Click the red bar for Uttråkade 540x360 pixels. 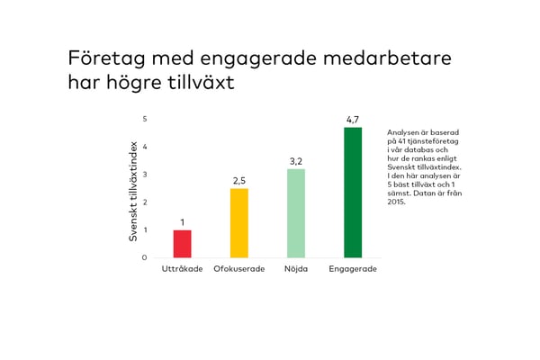182,244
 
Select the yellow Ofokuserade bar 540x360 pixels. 239,223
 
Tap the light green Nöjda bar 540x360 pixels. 296,213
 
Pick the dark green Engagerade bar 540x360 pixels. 353,193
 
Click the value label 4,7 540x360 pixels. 353,120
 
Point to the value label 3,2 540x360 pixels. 296,161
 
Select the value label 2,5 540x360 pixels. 239,181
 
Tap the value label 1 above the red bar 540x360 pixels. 182,222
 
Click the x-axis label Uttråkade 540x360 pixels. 182,270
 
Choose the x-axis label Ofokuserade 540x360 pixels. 239,270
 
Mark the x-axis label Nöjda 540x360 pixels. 296,270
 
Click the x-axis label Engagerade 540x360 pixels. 353,270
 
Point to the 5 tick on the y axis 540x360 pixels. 145,119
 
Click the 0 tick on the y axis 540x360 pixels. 145,258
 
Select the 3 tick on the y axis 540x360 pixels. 145,175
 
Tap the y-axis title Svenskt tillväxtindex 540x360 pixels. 133,189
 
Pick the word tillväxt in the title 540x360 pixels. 195,82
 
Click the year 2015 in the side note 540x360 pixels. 397,202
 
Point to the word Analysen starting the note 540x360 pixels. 403,132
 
